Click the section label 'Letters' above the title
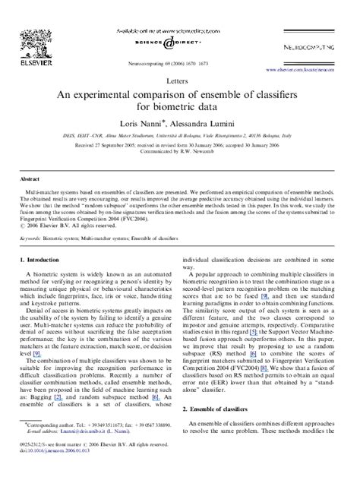pos(179,78)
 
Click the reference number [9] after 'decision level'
pos(35,353)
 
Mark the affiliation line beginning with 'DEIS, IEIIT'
pos(179,132)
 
